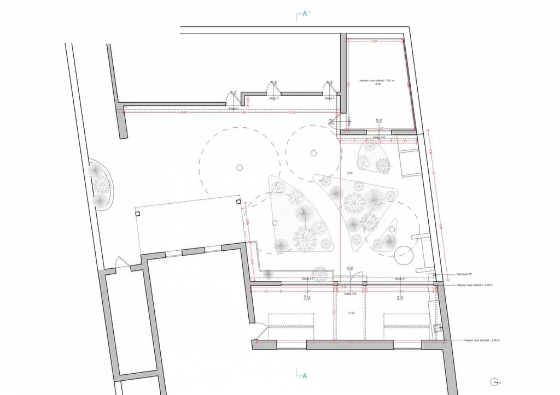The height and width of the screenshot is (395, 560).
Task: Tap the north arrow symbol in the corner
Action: click(495, 382)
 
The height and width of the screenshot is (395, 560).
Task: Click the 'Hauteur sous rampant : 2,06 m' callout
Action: click(481, 339)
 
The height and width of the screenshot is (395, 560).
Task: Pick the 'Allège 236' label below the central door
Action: click(350, 294)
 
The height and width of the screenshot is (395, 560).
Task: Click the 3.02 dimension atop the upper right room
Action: click(375, 42)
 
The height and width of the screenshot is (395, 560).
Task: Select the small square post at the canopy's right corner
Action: click(239, 202)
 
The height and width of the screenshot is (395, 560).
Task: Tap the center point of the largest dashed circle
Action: click(238, 166)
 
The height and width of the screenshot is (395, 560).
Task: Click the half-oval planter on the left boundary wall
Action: click(102, 185)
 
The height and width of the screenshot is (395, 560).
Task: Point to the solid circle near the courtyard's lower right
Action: click(405, 256)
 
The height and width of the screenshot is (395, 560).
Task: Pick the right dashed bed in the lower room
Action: click(407, 327)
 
